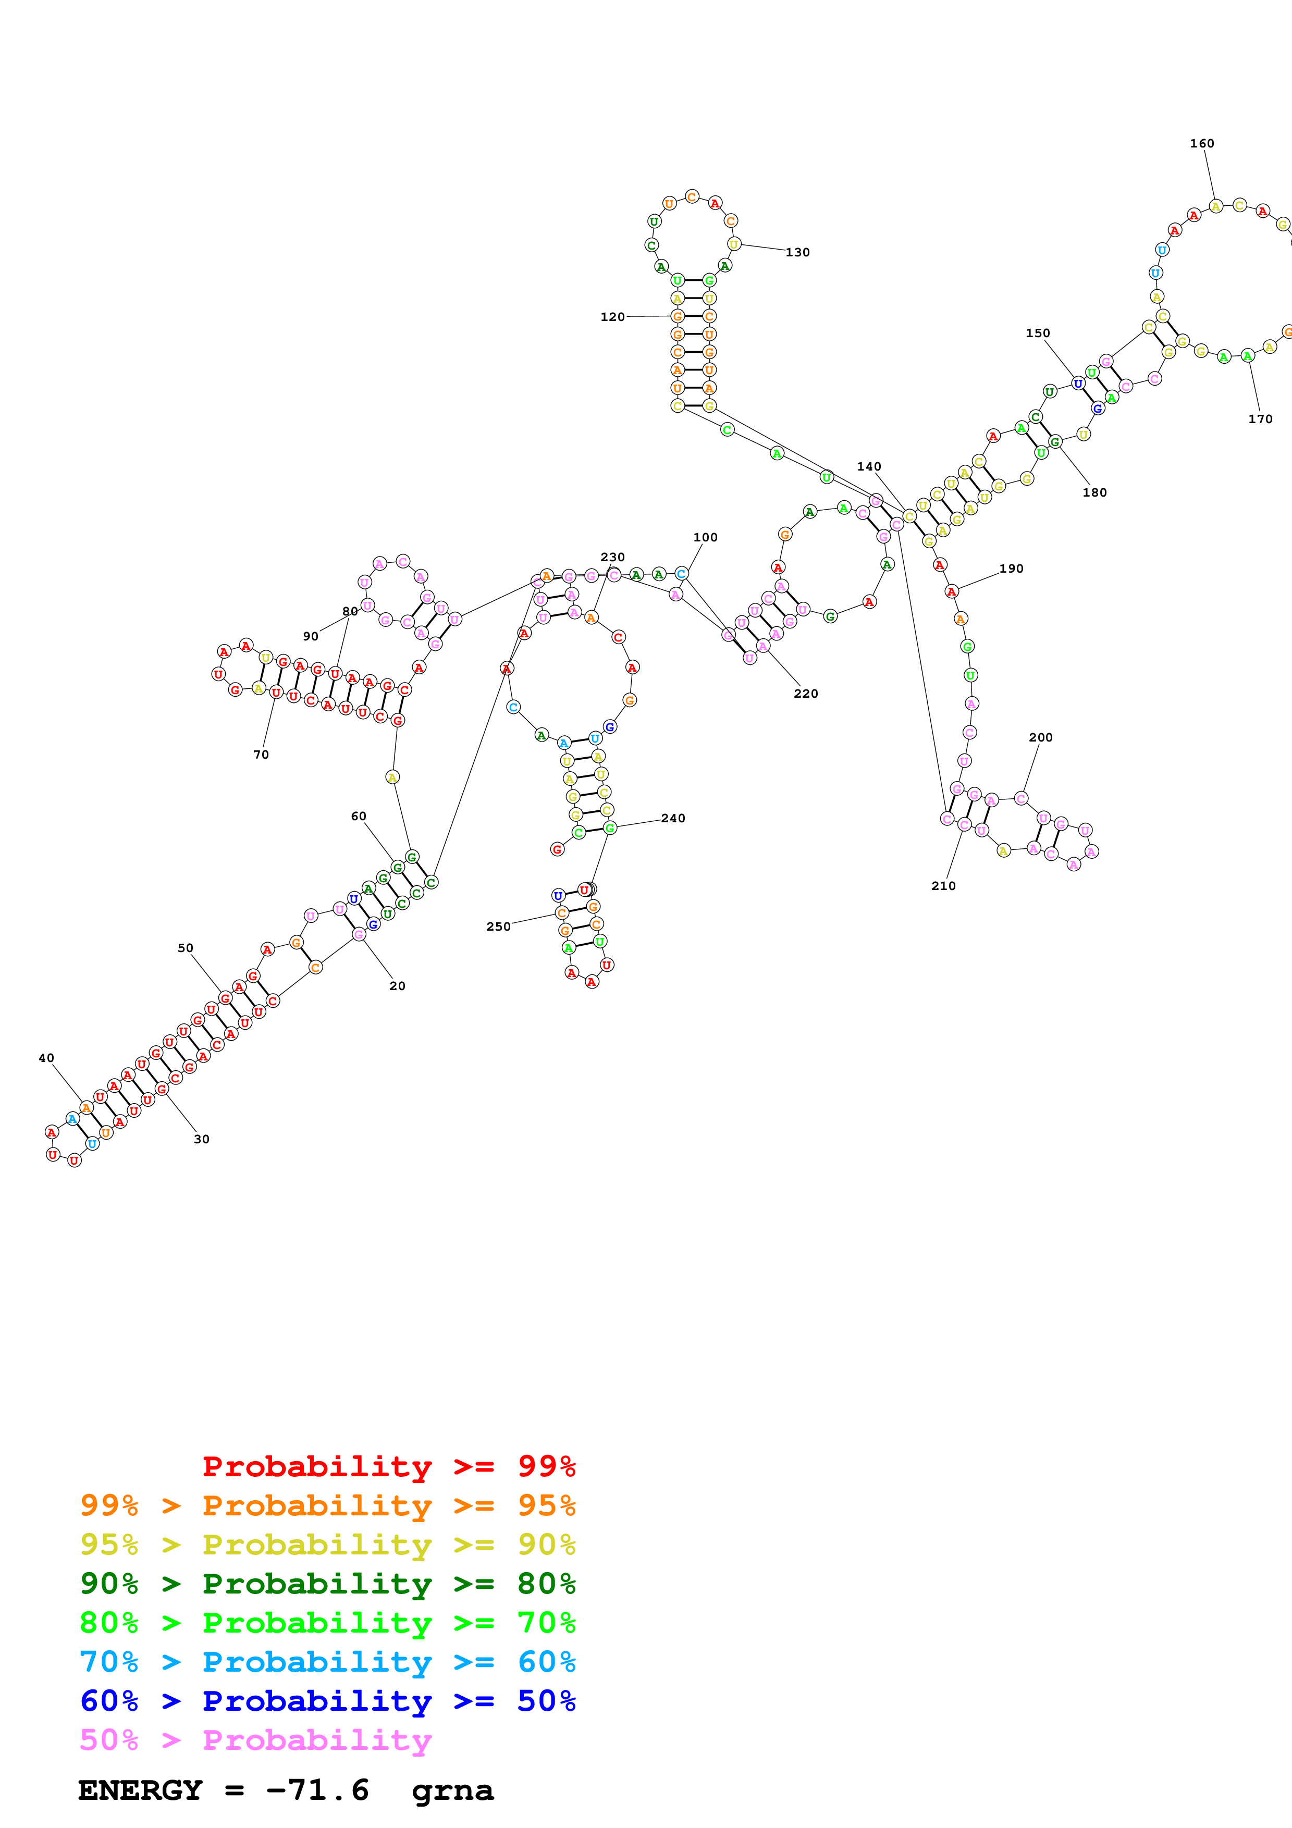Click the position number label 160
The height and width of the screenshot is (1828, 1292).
(1201, 143)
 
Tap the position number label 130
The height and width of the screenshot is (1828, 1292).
(797, 252)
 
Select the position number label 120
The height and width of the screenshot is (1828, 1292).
(612, 317)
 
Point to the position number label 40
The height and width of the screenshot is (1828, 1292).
(46, 1058)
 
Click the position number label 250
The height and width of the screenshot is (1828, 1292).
(498, 927)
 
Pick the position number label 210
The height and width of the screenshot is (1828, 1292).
(943, 886)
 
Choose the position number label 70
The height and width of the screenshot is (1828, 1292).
(261, 755)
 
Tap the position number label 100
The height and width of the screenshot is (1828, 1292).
(705, 537)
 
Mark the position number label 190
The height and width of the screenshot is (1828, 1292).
(1011, 569)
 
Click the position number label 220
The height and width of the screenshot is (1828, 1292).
(806, 694)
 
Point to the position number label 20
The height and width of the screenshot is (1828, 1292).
(397, 986)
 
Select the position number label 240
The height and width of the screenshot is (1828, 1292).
(673, 819)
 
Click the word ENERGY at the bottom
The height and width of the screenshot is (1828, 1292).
(140, 1790)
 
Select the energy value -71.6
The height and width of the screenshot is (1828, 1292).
(317, 1790)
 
